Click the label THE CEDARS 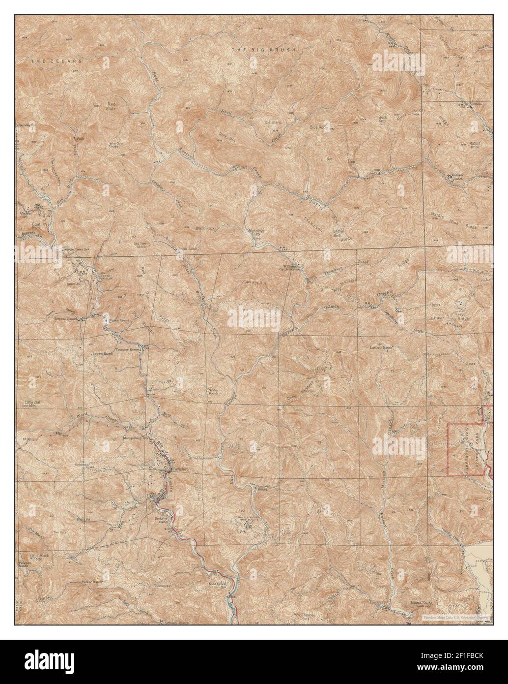(x=56, y=61)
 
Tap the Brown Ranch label (x=104, y=353)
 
